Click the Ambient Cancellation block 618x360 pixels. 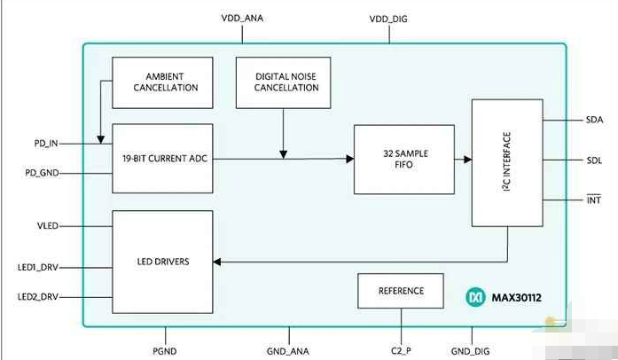tap(162, 82)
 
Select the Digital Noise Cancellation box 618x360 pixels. tap(282, 82)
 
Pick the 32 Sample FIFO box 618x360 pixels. tap(403, 160)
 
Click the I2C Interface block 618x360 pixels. tap(507, 161)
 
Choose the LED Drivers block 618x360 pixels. tap(162, 261)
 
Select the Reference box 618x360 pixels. tap(401, 291)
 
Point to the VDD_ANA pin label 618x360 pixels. tap(241, 19)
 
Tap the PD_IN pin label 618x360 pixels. tap(42, 142)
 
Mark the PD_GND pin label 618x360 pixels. tap(41, 173)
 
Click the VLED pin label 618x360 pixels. tap(46, 226)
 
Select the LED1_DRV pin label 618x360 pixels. tap(37, 266)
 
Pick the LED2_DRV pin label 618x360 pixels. tap(37, 297)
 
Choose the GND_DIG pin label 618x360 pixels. tap(471, 351)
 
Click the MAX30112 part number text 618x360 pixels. tap(520, 299)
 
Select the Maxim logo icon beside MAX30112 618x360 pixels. tap(475, 299)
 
